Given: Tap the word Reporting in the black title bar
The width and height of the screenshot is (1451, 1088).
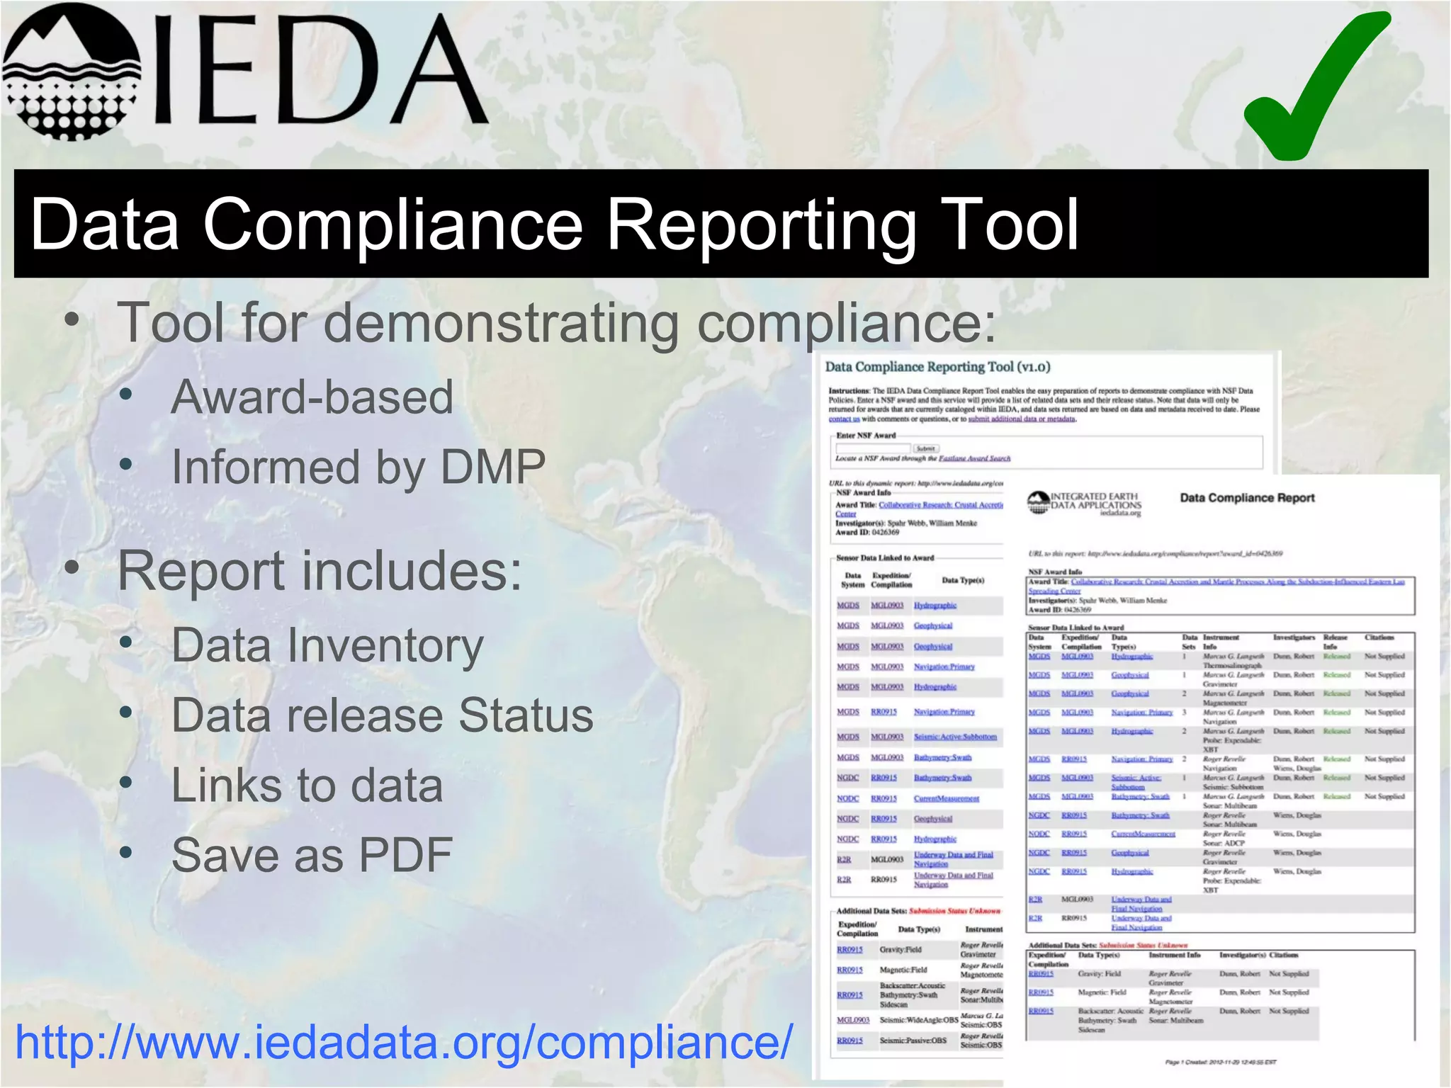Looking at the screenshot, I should tap(762, 225).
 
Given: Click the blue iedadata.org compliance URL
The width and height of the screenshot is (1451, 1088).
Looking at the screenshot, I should tap(404, 1043).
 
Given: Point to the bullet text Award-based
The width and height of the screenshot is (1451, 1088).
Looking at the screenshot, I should tap(312, 397).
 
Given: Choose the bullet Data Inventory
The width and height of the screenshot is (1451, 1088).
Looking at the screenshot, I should tap(327, 645).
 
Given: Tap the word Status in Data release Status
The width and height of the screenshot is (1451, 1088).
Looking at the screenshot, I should tap(526, 715).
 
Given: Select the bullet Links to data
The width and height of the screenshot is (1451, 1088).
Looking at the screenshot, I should tap(307, 785).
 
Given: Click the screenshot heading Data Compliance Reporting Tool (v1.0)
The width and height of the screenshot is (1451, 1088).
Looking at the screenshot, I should tap(937, 367).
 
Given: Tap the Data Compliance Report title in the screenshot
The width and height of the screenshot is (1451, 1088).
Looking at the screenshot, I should tap(1247, 498).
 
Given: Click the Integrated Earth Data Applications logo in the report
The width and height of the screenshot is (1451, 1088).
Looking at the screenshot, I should tap(1084, 503).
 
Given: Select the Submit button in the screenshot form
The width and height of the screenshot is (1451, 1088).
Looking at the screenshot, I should tap(925, 448).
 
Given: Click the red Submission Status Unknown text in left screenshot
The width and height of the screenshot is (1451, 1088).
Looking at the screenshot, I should tap(954, 911).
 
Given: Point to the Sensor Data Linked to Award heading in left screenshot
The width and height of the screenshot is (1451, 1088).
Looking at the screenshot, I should tap(885, 558).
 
